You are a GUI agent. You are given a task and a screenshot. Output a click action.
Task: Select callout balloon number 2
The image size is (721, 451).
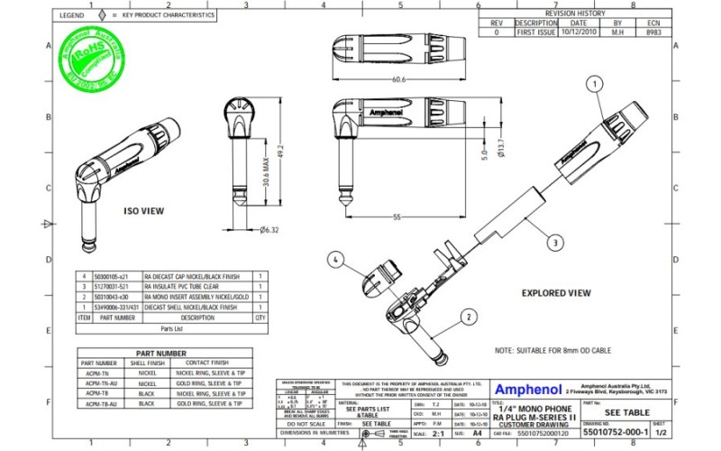469,317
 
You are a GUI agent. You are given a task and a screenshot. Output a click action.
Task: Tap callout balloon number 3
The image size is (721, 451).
557,242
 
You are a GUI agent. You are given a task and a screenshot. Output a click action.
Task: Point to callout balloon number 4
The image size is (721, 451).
335,259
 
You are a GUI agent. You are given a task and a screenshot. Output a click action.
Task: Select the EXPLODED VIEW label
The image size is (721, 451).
556,292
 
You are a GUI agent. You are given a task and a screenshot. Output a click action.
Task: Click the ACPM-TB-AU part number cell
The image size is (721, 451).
99,405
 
